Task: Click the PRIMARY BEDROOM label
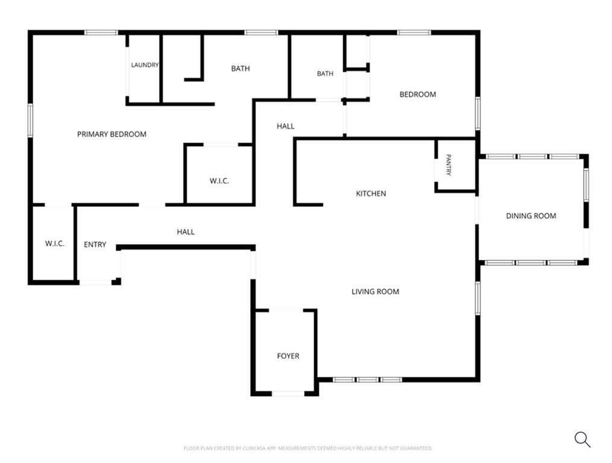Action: [112, 134]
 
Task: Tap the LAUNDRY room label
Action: [145, 65]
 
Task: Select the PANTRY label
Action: [449, 165]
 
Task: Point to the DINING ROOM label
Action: [531, 216]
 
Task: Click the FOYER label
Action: [288, 356]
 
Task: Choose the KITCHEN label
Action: [371, 194]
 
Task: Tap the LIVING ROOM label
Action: [375, 292]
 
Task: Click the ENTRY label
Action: [95, 245]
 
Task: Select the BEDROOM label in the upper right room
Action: [418, 95]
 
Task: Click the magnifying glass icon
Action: [582, 439]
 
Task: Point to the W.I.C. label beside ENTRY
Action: [55, 244]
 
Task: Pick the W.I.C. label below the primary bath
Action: [219, 181]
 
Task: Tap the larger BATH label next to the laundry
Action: [241, 69]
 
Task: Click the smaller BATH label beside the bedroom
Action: [325, 74]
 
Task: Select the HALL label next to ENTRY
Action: [186, 232]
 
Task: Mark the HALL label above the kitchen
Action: [285, 126]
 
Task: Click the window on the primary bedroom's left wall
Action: [30, 120]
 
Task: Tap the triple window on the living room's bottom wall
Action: [368, 380]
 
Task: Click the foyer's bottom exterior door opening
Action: [288, 394]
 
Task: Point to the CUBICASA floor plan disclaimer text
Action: [308, 448]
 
